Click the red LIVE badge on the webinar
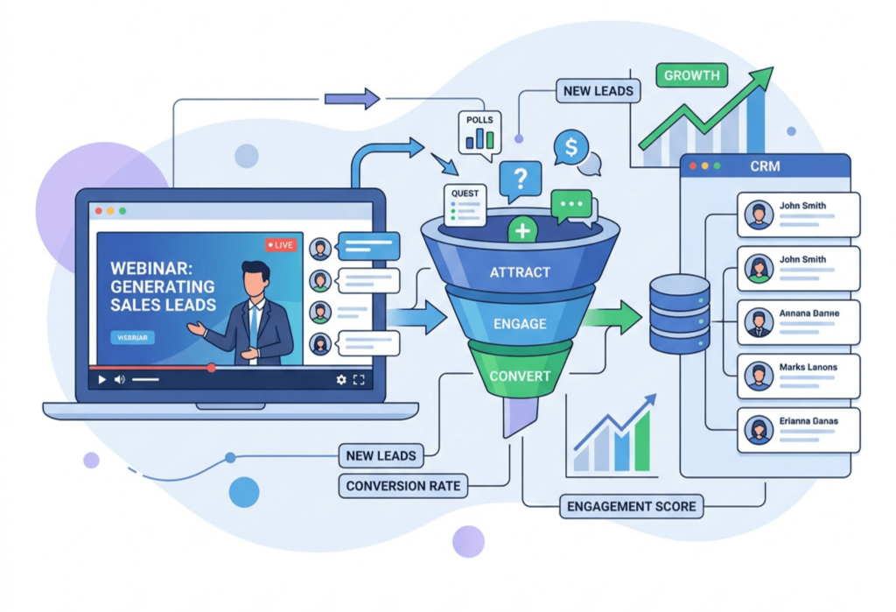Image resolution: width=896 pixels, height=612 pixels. pyautogui.click(x=282, y=245)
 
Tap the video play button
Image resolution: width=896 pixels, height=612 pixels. pyautogui.click(x=101, y=379)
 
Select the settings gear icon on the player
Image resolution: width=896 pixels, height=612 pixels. pyautogui.click(x=341, y=379)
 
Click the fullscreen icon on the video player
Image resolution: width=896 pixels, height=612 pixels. pyautogui.click(x=359, y=379)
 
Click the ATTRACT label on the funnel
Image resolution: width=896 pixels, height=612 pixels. pyautogui.click(x=520, y=272)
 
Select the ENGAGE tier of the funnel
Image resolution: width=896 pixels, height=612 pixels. pyautogui.click(x=520, y=323)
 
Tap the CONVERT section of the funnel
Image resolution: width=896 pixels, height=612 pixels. pyautogui.click(x=520, y=376)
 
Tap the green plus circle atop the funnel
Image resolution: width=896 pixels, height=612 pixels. pyautogui.click(x=521, y=231)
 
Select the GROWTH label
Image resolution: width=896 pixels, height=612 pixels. pyautogui.click(x=691, y=75)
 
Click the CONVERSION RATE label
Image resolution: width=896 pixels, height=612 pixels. pyautogui.click(x=403, y=486)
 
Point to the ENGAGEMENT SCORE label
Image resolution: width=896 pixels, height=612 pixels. pyautogui.click(x=632, y=506)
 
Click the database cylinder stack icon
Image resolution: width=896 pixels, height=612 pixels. pyautogui.click(x=679, y=313)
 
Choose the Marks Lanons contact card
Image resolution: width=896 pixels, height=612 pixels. pyautogui.click(x=798, y=376)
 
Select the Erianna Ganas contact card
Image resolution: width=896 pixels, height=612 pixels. pyautogui.click(x=798, y=430)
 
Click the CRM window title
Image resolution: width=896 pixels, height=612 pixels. pyautogui.click(x=765, y=165)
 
